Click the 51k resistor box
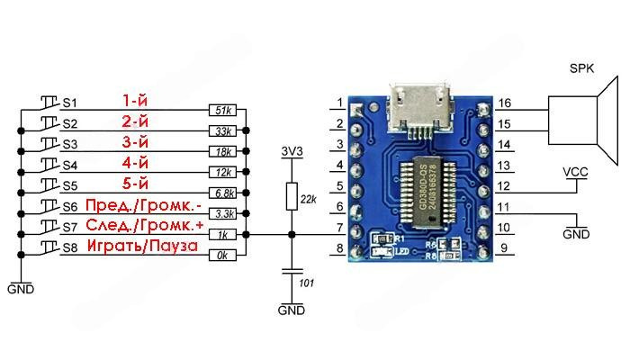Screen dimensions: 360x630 [x=221, y=111]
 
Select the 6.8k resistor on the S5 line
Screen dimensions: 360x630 [x=221, y=193]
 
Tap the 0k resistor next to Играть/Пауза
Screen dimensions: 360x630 [x=221, y=256]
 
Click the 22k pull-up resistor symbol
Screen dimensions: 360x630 [x=290, y=196]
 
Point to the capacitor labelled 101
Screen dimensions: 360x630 [x=290, y=271]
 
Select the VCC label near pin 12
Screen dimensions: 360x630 [x=575, y=171]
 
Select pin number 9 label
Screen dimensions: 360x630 [x=503, y=248]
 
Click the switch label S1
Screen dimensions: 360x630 [x=69, y=103]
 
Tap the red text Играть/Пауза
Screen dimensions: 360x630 [x=141, y=246]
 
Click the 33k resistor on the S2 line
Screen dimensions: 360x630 [x=221, y=131]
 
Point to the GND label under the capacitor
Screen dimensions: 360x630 [x=291, y=311]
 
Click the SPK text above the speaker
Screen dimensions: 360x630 [x=582, y=69]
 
